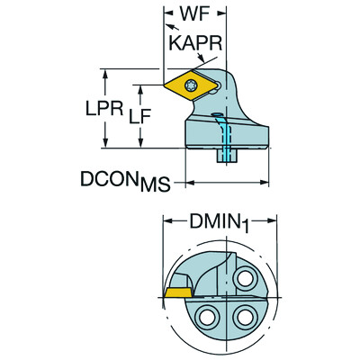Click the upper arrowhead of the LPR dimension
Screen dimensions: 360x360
tap(107, 73)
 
